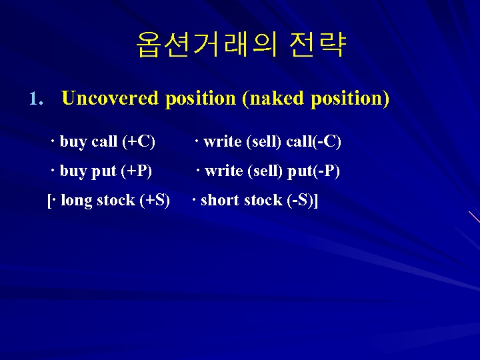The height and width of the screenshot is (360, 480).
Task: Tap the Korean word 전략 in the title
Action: [x=318, y=45]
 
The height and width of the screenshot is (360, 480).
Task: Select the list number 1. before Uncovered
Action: [x=36, y=99]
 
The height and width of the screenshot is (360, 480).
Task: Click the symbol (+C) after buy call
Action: [x=139, y=141]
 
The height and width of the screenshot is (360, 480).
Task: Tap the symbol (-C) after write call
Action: [x=327, y=141]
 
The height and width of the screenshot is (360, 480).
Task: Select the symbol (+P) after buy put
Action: [x=136, y=171]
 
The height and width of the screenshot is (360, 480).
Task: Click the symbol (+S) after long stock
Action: [x=155, y=200]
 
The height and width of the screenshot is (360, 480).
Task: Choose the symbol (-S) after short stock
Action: [x=301, y=200]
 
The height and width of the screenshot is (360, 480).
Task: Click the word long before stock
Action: [x=77, y=200]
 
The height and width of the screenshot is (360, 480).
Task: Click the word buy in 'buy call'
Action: [x=73, y=142]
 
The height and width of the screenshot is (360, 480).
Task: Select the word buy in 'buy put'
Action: [x=73, y=171]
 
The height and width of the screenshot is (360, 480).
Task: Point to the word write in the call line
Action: [x=223, y=141]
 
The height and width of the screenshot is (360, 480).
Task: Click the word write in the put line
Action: [x=224, y=171]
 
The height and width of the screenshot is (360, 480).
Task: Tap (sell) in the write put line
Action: [x=265, y=171]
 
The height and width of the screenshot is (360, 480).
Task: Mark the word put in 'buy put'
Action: [x=103, y=171]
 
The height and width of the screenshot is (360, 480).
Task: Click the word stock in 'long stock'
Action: [x=115, y=200]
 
